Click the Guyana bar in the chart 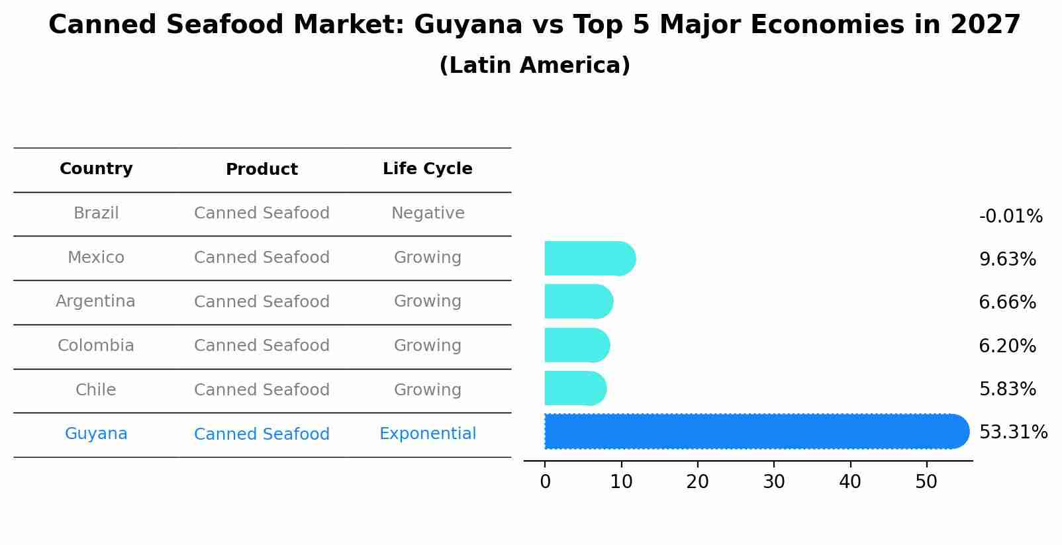coord(755,431)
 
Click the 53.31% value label coord(1013,432)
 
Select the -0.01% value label coord(1010,217)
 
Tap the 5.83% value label coord(1007,389)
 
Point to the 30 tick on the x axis coord(774,482)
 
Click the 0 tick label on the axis coord(545,482)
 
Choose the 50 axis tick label coord(926,482)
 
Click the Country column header coord(96,169)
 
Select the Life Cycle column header coord(428,169)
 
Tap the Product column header coord(262,170)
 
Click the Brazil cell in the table coord(96,213)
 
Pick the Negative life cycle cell coord(428,213)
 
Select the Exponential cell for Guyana coord(428,434)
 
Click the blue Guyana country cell coord(96,434)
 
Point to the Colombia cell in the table coord(96,346)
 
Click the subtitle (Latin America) coord(534,66)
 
